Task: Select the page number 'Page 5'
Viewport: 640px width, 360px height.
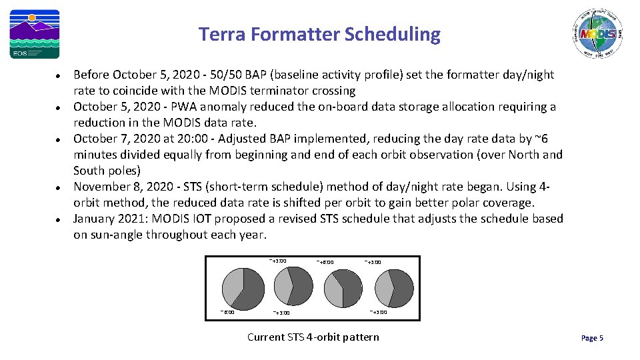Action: point(592,338)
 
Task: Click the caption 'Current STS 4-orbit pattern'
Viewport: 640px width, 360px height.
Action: point(313,337)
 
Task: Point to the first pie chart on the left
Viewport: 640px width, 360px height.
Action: point(243,286)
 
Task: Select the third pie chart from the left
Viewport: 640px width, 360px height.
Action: point(343,289)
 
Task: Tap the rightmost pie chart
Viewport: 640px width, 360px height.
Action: point(394,289)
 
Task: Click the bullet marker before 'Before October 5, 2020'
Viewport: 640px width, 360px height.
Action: point(59,75)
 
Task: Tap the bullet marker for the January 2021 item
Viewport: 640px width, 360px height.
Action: point(59,219)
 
